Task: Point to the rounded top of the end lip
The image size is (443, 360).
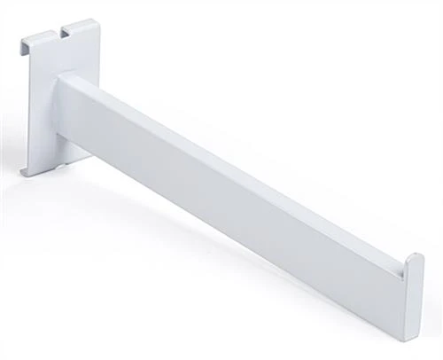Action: (x=412, y=259)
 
